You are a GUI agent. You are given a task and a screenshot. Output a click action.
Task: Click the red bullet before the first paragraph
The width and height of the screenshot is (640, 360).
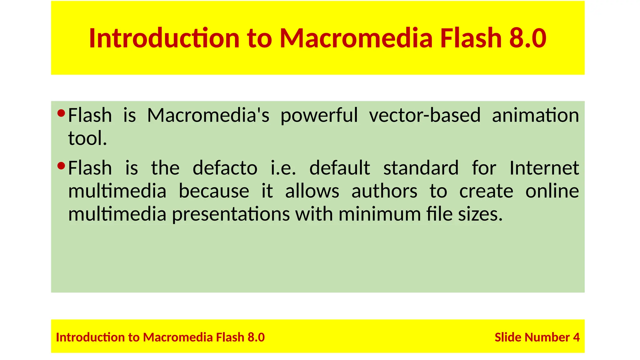(x=61, y=113)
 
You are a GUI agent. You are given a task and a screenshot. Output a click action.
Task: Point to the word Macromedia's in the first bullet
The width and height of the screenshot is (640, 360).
(x=208, y=115)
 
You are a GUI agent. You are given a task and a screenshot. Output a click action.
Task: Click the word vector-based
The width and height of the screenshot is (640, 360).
(x=424, y=115)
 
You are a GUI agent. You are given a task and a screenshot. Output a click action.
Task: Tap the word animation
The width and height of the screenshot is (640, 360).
(x=535, y=115)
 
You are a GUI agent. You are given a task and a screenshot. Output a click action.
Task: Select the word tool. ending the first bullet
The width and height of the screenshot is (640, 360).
(x=87, y=138)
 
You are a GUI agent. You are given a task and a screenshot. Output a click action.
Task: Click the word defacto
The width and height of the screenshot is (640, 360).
(x=225, y=168)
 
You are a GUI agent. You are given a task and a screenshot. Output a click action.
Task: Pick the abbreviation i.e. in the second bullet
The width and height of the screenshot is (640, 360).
(x=283, y=168)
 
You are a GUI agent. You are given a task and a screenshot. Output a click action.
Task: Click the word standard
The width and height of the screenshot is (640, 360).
(x=421, y=168)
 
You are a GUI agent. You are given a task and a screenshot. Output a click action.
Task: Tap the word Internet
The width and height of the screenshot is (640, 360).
(x=544, y=168)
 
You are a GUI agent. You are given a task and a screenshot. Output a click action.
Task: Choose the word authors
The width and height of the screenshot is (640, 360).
(x=384, y=191)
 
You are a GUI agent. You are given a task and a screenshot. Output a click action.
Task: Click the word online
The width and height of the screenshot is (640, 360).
(x=552, y=191)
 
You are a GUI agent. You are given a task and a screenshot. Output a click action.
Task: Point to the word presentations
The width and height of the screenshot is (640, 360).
(x=231, y=214)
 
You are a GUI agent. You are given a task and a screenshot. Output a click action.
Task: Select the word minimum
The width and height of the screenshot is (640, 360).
(x=380, y=214)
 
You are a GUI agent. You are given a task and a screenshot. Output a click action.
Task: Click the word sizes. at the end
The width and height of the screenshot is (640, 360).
(x=480, y=214)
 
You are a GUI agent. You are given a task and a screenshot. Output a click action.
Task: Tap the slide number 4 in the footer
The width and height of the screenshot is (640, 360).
(x=576, y=337)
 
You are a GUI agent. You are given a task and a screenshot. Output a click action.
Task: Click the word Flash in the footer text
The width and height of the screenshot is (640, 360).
(x=230, y=337)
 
